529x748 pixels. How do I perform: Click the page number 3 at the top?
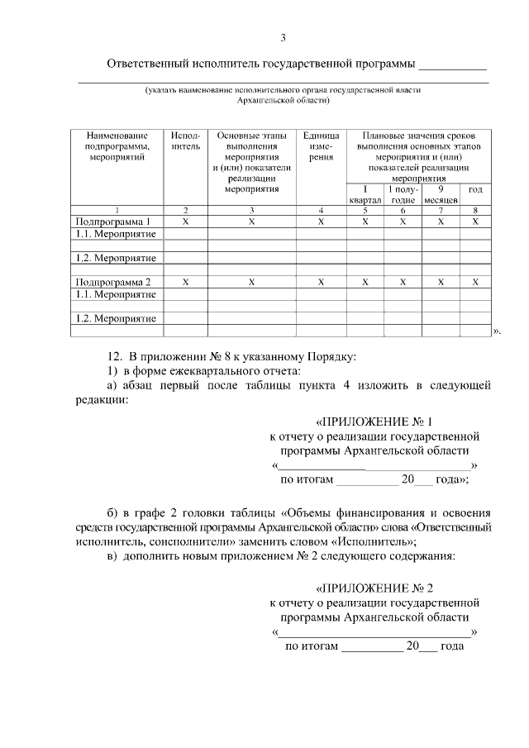pyautogui.click(x=283, y=38)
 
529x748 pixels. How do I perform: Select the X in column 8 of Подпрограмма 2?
pyautogui.click(x=475, y=282)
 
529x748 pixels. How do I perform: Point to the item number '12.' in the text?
pyautogui.click(x=113, y=356)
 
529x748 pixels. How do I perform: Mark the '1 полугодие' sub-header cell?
pyautogui.click(x=403, y=194)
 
